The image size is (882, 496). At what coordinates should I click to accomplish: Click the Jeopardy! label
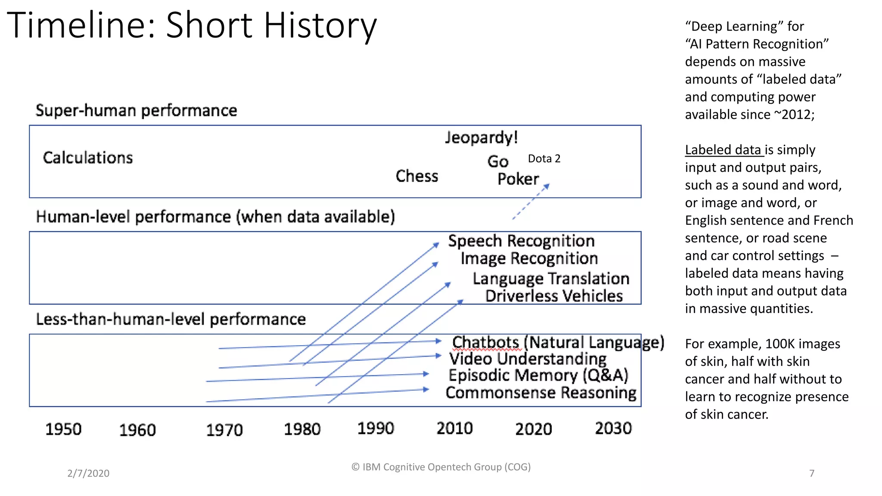pyautogui.click(x=481, y=138)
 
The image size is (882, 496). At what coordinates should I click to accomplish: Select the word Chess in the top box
pyautogui.click(x=417, y=176)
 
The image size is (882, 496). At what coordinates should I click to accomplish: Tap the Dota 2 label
pyautogui.click(x=544, y=159)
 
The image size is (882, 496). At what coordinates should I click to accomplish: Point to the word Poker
pyautogui.click(x=518, y=179)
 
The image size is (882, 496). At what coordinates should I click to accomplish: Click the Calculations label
pyautogui.click(x=88, y=158)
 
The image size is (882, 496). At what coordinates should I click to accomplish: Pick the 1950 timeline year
pyautogui.click(x=63, y=429)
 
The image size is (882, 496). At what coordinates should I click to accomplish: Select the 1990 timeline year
pyautogui.click(x=376, y=428)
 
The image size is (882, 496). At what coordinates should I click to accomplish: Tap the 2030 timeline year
pyautogui.click(x=613, y=428)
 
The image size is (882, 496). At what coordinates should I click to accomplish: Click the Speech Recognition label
pyautogui.click(x=521, y=241)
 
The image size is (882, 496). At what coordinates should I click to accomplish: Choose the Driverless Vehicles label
pyautogui.click(x=554, y=296)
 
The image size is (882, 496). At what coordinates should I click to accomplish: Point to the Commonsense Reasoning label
pyautogui.click(x=541, y=393)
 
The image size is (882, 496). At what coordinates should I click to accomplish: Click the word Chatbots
pyautogui.click(x=485, y=343)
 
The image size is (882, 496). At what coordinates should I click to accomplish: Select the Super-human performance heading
pyautogui.click(x=136, y=111)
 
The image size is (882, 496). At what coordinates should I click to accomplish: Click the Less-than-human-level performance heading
pyautogui.click(x=171, y=319)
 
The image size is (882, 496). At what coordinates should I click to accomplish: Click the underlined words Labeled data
pyautogui.click(x=724, y=150)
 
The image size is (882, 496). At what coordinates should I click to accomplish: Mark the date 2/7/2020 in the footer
pyautogui.click(x=88, y=473)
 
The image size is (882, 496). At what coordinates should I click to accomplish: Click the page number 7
pyautogui.click(x=812, y=473)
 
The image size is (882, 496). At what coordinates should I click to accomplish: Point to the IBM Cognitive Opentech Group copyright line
pyautogui.click(x=441, y=467)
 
